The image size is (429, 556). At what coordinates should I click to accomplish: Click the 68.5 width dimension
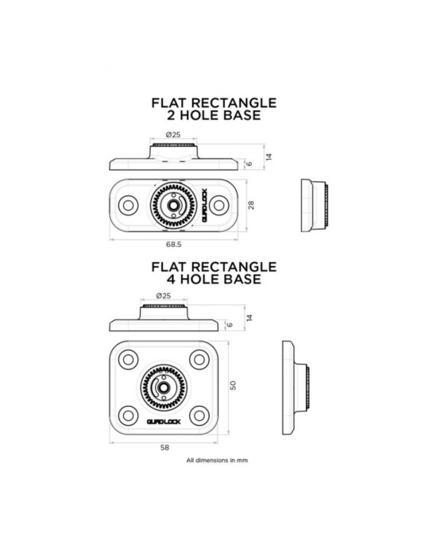point(174,245)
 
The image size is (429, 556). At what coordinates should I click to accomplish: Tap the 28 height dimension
point(251,205)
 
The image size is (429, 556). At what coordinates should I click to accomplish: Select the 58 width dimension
point(164,447)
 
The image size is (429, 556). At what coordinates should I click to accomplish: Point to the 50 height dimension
point(233,385)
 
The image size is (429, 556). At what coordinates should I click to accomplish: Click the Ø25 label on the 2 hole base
point(173,135)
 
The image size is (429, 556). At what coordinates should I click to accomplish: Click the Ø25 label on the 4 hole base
point(164,295)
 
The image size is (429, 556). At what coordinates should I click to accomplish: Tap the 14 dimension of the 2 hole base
point(269,156)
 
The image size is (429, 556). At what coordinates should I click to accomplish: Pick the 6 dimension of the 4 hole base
point(230,325)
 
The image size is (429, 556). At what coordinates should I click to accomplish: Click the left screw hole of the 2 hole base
point(128,205)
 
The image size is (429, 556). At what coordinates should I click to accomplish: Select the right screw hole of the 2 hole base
point(219,205)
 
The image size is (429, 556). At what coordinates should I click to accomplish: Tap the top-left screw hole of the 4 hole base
point(128,360)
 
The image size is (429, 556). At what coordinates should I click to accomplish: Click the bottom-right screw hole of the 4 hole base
point(199,415)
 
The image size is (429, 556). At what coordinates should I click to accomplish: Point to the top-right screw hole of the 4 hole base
point(199,360)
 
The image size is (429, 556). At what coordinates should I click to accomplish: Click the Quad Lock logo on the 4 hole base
point(164,422)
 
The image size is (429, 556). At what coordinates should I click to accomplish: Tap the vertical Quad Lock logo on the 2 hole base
point(205,205)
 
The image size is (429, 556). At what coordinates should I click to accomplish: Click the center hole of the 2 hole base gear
point(174,205)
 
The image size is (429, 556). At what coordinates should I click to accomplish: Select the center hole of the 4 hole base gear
point(164,388)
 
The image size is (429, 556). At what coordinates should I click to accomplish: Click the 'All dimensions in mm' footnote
point(217,460)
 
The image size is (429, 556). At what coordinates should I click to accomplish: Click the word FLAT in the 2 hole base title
point(169,102)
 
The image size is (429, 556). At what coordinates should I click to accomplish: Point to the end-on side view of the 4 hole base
point(296,388)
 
